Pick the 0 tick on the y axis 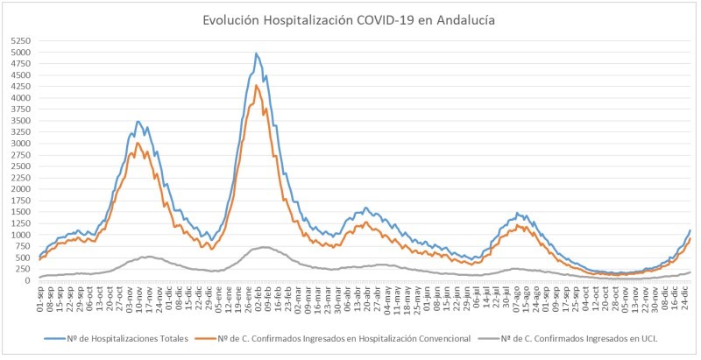pos(29,280)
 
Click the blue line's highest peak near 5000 pos(256,53)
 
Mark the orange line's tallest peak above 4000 pos(257,85)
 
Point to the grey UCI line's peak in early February pos(262,247)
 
